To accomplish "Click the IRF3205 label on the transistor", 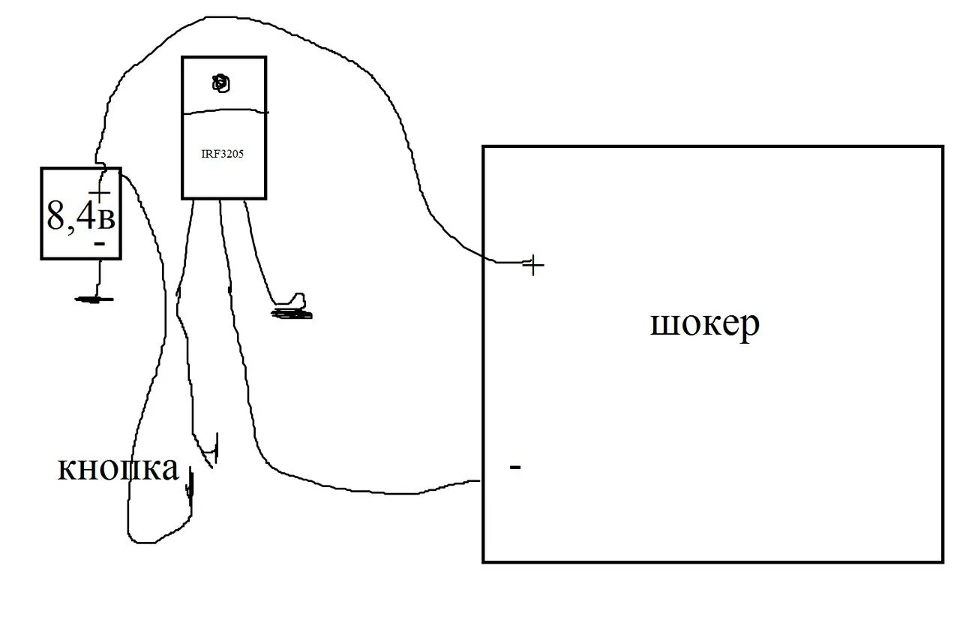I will click(x=223, y=154).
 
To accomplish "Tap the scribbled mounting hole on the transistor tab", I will click(x=221, y=83).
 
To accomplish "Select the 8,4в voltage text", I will click(x=80, y=215).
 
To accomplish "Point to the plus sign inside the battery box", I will click(x=99, y=194).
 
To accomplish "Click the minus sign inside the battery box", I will click(x=98, y=244).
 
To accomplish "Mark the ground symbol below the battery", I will click(x=94, y=299).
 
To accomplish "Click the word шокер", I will click(x=704, y=324).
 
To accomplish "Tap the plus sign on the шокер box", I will click(x=532, y=265).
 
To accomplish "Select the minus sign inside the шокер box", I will click(x=514, y=467).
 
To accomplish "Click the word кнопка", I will click(x=118, y=468).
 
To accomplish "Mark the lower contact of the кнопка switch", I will click(x=190, y=484).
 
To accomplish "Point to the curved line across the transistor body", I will click(x=225, y=110).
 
